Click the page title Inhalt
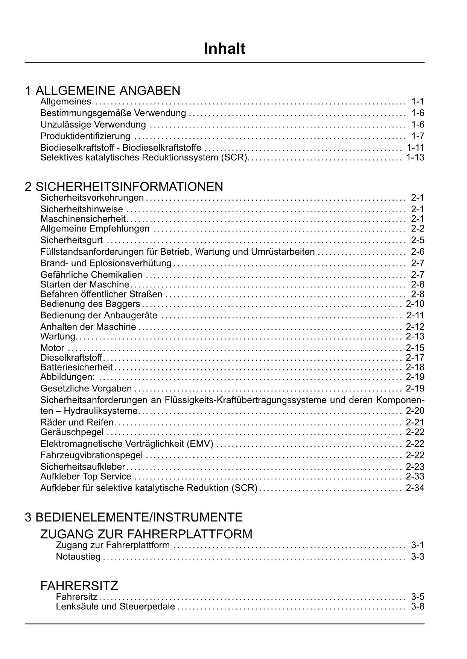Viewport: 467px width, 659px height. [225, 49]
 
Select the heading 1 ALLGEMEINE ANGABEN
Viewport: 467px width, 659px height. [103, 91]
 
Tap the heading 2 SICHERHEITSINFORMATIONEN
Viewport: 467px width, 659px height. [124, 187]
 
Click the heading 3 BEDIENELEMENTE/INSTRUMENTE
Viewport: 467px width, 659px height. [134, 517]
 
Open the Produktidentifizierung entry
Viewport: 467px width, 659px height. [85, 136]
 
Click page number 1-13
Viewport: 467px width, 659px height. [415, 157]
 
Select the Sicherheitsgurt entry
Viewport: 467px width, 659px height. [71, 240]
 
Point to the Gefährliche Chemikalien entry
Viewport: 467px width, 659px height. [91, 275]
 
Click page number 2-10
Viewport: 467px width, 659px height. [415, 304]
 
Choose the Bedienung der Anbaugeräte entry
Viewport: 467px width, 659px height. [99, 315]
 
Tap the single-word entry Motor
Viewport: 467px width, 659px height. [52, 348]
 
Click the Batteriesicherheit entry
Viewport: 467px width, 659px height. [76, 367]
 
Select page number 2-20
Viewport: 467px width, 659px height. [415, 411]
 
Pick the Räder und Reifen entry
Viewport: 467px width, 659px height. [77, 422]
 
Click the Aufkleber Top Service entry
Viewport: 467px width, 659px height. [86, 477]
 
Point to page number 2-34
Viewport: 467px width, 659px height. [415, 488]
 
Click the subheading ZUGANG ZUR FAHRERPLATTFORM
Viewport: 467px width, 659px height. [146, 534]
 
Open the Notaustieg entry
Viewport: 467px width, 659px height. [78, 556]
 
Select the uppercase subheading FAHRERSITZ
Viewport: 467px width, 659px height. [79, 586]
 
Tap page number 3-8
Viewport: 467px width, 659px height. [418, 606]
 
